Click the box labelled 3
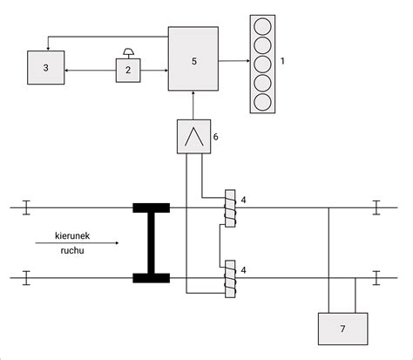[45, 67]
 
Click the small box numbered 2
[128, 69]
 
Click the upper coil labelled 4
[230, 207]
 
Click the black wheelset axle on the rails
[151, 243]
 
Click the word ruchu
[73, 251]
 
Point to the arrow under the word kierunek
[77, 243]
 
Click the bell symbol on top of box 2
[128, 51]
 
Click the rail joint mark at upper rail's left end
[26, 207]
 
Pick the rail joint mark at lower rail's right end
[376, 278]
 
